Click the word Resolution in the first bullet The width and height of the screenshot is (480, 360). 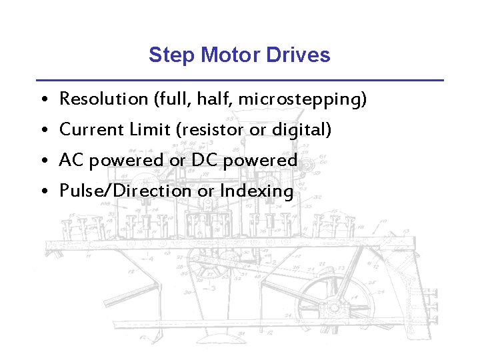coord(104,99)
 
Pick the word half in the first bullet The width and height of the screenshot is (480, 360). coord(215,99)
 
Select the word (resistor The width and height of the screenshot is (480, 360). coord(210,130)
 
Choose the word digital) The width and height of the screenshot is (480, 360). coord(301,130)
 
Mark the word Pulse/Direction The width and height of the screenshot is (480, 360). coord(126,191)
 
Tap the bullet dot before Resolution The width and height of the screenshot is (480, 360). coord(42,100)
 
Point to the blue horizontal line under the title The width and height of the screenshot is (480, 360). coord(240,80)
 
